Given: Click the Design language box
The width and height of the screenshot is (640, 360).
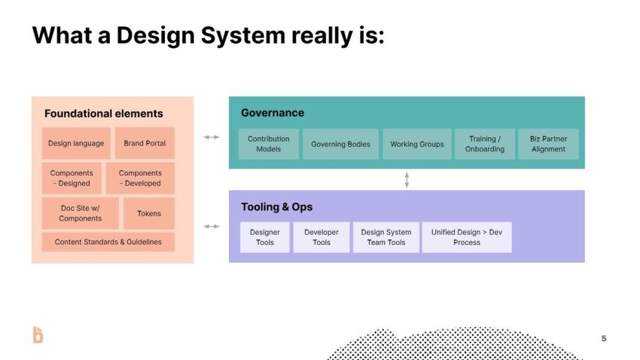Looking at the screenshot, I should point(76,143).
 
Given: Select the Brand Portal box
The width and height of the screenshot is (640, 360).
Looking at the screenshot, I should point(145,143).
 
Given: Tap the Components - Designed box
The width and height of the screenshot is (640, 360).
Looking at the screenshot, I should point(72,178).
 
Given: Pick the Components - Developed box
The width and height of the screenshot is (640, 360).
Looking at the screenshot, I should point(140,178).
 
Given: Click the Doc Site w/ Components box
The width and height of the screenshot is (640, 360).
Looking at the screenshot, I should point(80,213).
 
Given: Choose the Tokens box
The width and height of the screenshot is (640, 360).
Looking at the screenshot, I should point(148,213).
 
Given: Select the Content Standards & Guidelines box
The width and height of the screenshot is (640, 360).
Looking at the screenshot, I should point(108,242).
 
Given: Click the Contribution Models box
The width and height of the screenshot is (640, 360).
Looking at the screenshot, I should point(268,144).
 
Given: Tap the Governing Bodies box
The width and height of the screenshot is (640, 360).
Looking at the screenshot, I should point(340,144).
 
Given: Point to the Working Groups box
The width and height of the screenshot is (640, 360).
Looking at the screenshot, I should point(416,144).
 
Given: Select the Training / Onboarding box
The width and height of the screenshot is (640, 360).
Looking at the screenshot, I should point(484,144).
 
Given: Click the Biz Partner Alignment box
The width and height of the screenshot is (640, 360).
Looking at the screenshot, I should point(548,144).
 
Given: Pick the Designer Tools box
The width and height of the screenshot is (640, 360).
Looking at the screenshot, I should point(264,237).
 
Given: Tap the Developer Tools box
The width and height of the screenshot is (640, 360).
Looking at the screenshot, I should point(322,237).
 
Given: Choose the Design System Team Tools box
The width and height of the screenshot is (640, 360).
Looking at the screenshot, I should point(386,237).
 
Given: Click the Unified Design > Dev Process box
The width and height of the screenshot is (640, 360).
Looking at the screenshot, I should point(466,237).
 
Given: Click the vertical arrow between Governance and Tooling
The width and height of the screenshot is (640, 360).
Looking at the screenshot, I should point(407,179).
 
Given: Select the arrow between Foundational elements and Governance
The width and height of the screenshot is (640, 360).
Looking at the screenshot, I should point(212,137).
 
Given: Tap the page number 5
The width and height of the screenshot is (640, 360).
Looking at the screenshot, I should point(604,338).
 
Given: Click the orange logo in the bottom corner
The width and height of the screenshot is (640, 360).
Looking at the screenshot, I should point(38,335).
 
